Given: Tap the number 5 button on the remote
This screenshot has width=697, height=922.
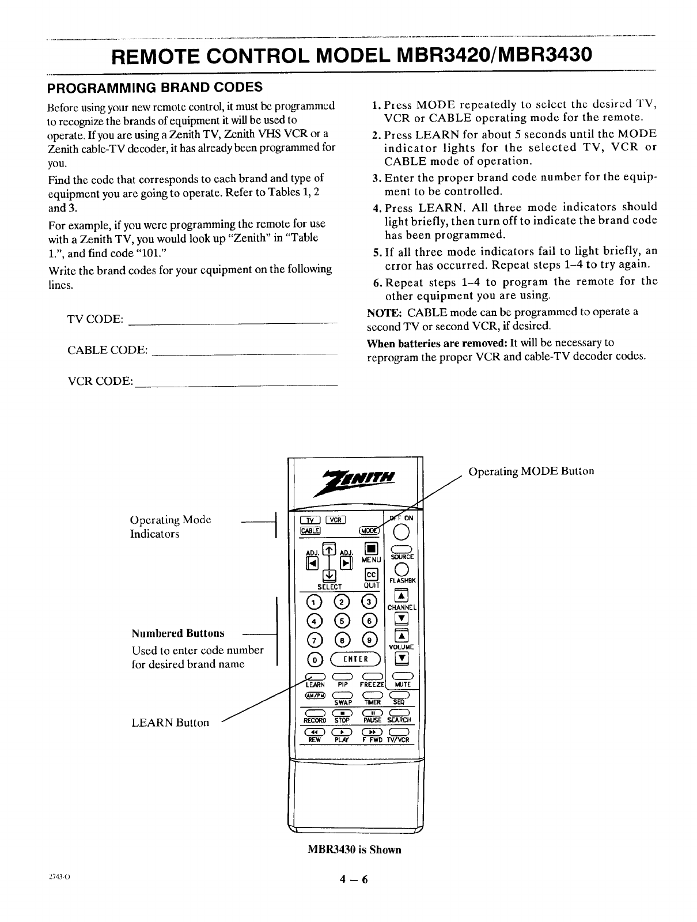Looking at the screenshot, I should (x=342, y=621).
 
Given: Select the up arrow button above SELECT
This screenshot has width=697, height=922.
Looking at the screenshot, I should (x=328, y=550).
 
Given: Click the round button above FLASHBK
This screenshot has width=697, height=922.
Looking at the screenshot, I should (x=401, y=569).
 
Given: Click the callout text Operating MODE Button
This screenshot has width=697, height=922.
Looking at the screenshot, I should (x=531, y=471).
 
